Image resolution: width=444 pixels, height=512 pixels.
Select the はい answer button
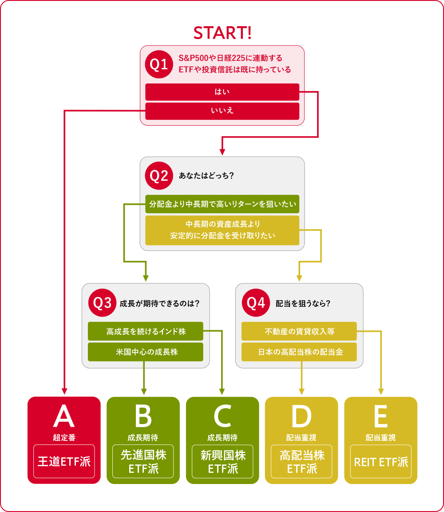222,92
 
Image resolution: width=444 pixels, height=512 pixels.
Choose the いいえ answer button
222,111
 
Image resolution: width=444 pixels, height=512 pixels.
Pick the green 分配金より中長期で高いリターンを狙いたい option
222,204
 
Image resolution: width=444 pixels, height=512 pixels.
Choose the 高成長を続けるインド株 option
146,331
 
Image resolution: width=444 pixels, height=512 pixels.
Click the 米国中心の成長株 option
146,352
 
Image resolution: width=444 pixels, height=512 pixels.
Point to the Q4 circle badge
256,303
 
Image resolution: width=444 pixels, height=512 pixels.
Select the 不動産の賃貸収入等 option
299,331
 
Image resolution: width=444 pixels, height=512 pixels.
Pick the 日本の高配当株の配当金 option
299,352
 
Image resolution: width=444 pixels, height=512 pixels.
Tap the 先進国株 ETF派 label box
143,461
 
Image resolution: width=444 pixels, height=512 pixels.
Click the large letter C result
222,417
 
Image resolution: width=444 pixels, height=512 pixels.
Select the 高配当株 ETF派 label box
301,461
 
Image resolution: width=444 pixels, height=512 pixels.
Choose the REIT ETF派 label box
381,461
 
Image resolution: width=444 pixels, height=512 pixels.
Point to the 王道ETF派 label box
64,461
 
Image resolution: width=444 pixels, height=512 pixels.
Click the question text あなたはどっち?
206,176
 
